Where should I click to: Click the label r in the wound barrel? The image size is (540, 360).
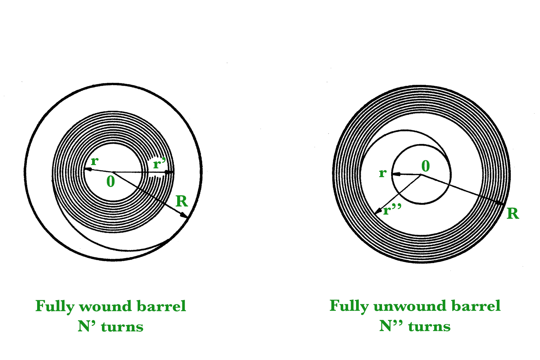click(94, 161)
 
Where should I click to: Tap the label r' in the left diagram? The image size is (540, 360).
click(159, 164)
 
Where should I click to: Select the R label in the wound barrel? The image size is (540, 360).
click(182, 201)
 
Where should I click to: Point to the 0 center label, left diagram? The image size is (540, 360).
click(111, 182)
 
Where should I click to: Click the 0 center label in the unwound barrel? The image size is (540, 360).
click(426, 166)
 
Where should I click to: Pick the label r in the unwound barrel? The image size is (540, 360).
click(382, 173)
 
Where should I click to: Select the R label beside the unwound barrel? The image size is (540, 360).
click(513, 214)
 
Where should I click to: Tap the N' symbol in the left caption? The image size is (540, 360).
click(86, 326)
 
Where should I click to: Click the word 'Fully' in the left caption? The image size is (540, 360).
click(55, 307)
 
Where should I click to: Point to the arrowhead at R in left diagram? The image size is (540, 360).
click(184, 215)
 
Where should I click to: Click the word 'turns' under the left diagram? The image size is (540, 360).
click(122, 327)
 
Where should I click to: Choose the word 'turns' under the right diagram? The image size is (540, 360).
click(429, 327)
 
